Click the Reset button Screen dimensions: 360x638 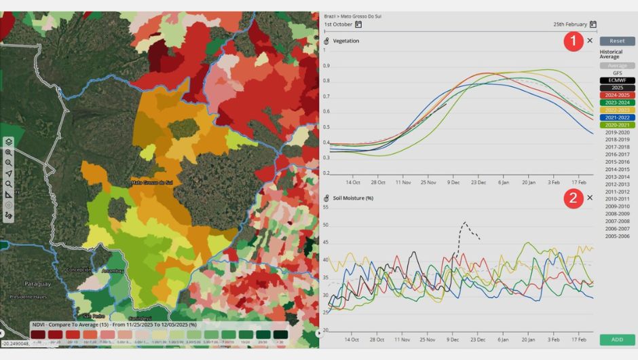[x=617, y=41]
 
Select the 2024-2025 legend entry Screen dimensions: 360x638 [x=617, y=95]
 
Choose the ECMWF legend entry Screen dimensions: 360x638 [x=617, y=80]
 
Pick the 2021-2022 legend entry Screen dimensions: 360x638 [x=617, y=118]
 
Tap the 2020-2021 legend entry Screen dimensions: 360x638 [x=617, y=125]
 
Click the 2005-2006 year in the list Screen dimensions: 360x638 [x=617, y=236]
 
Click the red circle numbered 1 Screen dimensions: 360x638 [x=574, y=41]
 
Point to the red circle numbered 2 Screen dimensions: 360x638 [x=574, y=198]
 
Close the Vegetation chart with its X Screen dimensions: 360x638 [x=590, y=41]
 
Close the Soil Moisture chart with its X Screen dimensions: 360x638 [x=590, y=198]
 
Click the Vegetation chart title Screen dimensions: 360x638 [x=346, y=41]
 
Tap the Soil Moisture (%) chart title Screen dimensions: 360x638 [x=353, y=198]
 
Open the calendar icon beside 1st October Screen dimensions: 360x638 [x=358, y=24]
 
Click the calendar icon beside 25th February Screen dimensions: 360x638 [x=593, y=24]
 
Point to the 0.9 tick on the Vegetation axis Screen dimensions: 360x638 [x=326, y=66]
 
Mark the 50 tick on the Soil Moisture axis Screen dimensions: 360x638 [x=326, y=225]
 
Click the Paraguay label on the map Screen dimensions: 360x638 [x=37, y=283]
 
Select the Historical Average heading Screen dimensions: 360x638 [x=611, y=54]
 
